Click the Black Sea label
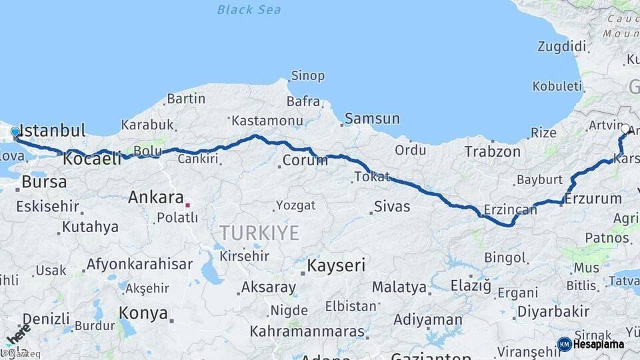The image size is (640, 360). point(249,10)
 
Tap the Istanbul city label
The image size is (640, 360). point(53,130)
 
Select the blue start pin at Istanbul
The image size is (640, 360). point(15,133)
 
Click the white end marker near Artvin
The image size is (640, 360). point(625,129)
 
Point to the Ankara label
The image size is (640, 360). point(155,198)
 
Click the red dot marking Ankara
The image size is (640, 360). point(188,205)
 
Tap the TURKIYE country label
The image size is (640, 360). point(259,233)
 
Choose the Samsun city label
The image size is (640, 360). point(373,119)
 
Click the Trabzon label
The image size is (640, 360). point(493,152)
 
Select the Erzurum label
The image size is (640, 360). point(593,198)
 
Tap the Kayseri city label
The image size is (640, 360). point(336,266)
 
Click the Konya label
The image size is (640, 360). point(143,312)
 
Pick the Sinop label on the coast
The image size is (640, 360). point(309,76)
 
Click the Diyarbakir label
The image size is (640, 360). point(553,311)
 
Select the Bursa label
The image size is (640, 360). point(44,181)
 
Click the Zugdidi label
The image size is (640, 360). point(562,47)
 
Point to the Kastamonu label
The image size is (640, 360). point(266,121)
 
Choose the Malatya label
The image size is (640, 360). point(399,287)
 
